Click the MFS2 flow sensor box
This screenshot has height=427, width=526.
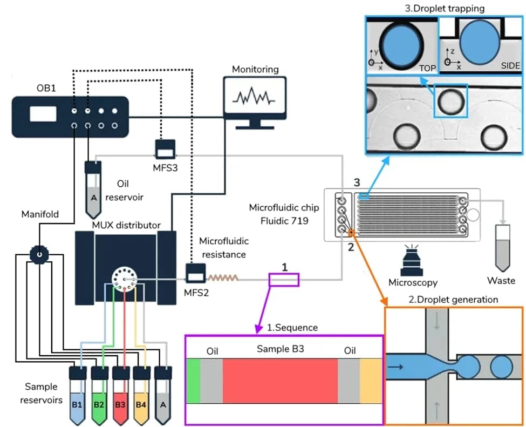[195, 274]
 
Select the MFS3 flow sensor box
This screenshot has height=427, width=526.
[165, 148]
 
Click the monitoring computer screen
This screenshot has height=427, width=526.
[254, 97]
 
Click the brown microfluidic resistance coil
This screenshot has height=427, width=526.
[223, 279]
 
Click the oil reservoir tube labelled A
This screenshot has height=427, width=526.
[94, 187]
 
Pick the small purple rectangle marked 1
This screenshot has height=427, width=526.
[283, 279]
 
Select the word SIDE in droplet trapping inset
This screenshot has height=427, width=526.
[509, 66]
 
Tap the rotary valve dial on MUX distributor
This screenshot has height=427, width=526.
[124, 279]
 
